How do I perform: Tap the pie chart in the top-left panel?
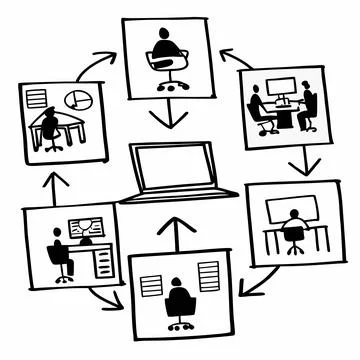tap(77, 101)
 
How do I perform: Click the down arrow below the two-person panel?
tap(299, 160)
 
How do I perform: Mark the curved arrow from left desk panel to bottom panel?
tap(99, 294)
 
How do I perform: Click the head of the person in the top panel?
tap(164, 34)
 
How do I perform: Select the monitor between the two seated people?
tap(283, 89)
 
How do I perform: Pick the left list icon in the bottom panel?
tap(150, 283)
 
